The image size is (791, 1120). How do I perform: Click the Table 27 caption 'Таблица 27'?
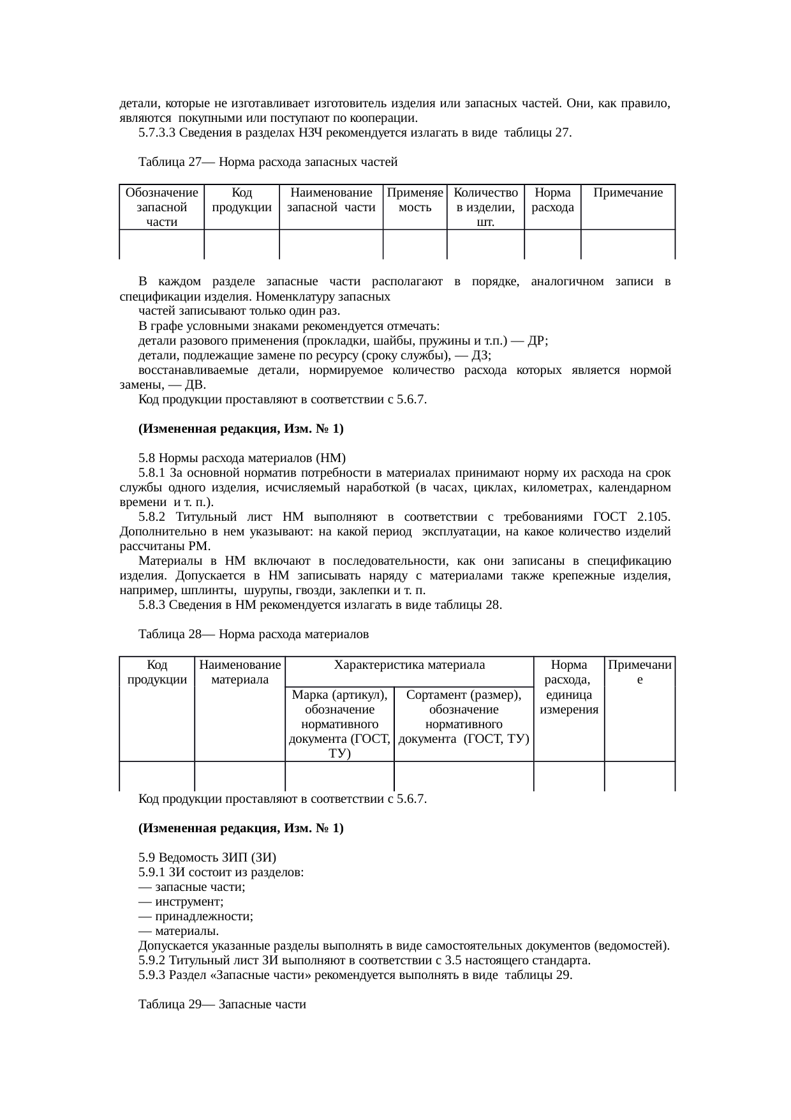point(168,162)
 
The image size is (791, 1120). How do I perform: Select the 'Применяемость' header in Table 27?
point(415,200)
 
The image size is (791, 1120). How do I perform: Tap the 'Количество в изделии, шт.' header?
point(485,207)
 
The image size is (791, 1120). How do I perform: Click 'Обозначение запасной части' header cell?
point(161,207)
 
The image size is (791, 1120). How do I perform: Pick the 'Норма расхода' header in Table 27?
point(552,200)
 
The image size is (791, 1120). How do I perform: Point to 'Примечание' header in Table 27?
point(628,193)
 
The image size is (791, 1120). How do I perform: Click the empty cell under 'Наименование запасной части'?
point(330,244)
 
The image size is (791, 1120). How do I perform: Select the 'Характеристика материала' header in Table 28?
point(409,664)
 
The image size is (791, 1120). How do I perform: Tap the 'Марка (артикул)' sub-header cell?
point(339,724)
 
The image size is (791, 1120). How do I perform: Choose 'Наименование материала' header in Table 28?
point(240,672)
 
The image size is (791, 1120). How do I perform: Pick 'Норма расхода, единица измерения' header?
point(569,687)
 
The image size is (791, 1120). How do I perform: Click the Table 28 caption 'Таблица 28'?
point(168,634)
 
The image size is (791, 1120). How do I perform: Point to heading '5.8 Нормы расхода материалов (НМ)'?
point(242,458)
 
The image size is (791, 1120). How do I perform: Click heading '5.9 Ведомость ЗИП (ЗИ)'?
point(207,857)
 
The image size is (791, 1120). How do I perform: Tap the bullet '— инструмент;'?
point(181,901)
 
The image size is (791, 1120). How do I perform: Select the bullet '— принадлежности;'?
point(195,916)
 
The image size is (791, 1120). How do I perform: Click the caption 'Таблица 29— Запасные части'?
point(222,1004)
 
